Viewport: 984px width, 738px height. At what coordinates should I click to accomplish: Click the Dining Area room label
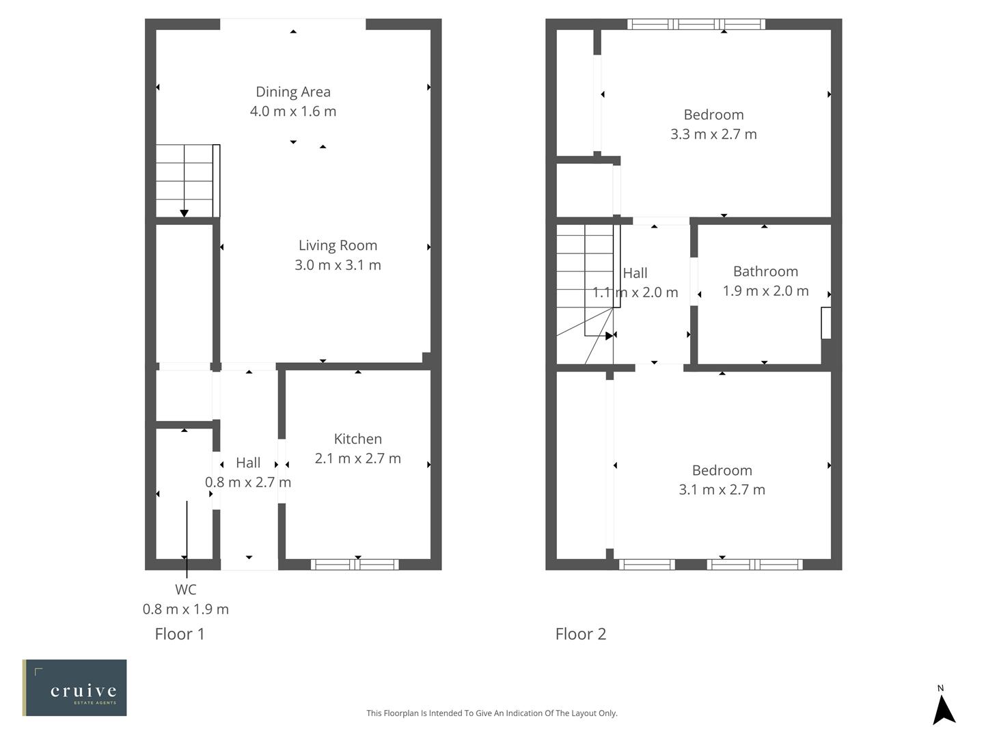[x=293, y=92]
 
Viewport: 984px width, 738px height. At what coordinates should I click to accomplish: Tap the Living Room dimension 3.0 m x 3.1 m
[x=338, y=265]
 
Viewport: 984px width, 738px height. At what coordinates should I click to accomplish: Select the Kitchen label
[x=357, y=439]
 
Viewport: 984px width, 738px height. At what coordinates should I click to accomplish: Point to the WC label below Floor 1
[x=185, y=590]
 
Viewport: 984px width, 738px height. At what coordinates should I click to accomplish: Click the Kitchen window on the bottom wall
[x=355, y=564]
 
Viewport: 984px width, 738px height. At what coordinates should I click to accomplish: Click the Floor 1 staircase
[x=184, y=181]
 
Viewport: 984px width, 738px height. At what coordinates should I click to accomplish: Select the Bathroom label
[x=765, y=271]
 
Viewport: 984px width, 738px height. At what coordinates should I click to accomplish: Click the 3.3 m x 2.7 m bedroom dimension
[x=713, y=135]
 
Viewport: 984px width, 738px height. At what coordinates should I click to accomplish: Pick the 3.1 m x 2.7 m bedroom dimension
[x=722, y=490]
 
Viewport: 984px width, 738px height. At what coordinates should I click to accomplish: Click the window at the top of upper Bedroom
[x=696, y=25]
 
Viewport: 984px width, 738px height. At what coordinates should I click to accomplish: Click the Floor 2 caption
[x=580, y=634]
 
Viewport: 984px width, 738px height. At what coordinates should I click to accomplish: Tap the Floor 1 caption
[x=180, y=634]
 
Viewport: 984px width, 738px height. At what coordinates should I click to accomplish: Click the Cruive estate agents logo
[x=74, y=687]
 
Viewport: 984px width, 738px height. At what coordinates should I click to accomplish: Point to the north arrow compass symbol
[x=944, y=707]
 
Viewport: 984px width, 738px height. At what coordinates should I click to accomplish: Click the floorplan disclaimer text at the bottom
[x=491, y=713]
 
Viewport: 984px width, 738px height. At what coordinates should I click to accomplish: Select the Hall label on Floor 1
[x=248, y=463]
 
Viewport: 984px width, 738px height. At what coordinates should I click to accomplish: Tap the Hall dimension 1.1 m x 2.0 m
[x=635, y=292]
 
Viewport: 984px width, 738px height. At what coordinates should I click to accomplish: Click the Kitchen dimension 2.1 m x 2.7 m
[x=357, y=459]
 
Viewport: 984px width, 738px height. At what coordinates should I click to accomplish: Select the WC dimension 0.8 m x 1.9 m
[x=185, y=610]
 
